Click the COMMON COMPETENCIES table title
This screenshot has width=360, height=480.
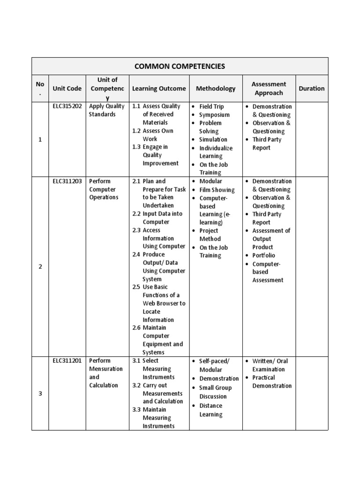(180, 66)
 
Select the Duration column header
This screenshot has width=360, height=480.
(311, 88)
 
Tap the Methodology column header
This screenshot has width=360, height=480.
(216, 88)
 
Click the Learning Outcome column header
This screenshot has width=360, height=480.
(159, 88)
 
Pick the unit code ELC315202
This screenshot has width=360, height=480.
(67, 106)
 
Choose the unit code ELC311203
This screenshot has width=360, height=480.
(67, 181)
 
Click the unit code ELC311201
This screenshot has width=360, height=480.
(67, 360)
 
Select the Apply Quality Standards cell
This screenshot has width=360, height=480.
(106, 110)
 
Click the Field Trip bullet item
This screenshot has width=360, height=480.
(211, 106)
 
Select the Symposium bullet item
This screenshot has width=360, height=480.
(214, 115)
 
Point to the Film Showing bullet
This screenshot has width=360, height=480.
(217, 190)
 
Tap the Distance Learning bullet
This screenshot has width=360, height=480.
(211, 410)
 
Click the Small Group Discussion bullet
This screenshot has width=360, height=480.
(215, 392)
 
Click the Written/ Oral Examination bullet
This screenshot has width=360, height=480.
(270, 365)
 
